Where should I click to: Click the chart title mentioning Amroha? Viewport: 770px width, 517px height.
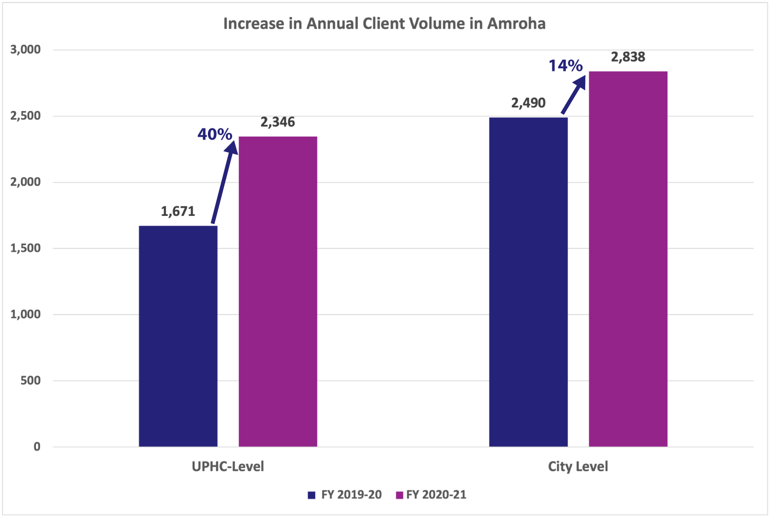(x=384, y=24)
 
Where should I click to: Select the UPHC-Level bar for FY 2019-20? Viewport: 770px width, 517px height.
(x=178, y=336)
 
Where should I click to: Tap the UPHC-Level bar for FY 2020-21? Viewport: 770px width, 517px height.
(x=278, y=291)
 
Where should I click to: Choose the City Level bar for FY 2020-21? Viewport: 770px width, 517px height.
(x=628, y=259)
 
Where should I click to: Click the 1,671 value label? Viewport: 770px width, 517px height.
(x=178, y=211)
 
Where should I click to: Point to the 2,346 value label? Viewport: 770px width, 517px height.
(x=278, y=122)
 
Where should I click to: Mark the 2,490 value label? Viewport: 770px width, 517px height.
(x=528, y=103)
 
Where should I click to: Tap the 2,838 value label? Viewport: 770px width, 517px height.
(x=628, y=57)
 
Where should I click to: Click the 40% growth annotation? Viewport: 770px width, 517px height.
(x=215, y=134)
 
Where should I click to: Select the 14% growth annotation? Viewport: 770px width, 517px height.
(x=565, y=66)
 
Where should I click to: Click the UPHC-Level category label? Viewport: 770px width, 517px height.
(x=228, y=467)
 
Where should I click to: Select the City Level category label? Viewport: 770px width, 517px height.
(x=578, y=467)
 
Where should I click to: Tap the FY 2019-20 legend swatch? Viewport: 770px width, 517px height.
(x=311, y=495)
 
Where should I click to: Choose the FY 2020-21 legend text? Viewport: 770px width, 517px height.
(x=436, y=495)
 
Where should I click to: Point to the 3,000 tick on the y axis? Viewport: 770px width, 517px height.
(x=26, y=50)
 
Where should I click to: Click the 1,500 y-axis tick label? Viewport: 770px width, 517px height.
(x=26, y=248)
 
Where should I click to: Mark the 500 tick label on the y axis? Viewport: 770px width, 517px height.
(x=31, y=381)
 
